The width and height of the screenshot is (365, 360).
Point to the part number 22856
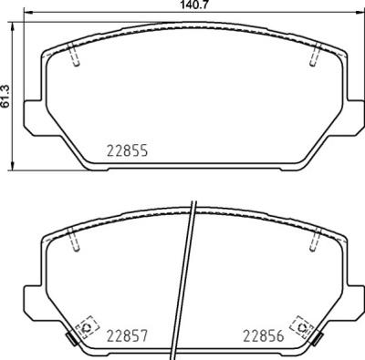tap(262, 335)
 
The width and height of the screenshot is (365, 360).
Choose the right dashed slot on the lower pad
tap(314, 242)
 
